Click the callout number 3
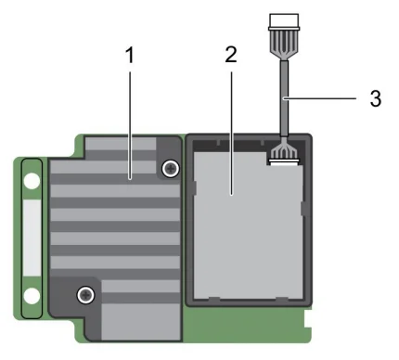click(375, 99)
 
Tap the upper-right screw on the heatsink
click(170, 169)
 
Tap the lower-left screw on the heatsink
click(85, 295)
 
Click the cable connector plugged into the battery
click(282, 154)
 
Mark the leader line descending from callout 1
click(131, 121)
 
